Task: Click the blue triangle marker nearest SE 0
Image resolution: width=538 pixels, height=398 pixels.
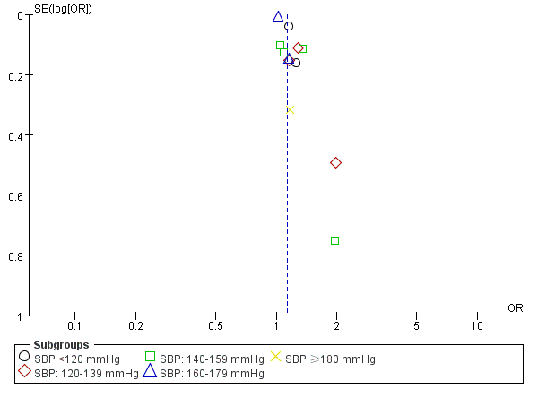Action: pos(278,16)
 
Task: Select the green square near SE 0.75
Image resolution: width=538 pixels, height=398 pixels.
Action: pos(334,240)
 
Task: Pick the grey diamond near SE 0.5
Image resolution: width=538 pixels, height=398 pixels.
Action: pos(335,162)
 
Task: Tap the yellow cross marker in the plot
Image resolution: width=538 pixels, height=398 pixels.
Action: pos(291,109)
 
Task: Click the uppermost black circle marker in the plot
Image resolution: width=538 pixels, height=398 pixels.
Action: pos(289,26)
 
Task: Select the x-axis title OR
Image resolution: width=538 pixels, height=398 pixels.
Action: pos(515,307)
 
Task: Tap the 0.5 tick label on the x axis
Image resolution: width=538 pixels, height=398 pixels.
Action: pos(215,325)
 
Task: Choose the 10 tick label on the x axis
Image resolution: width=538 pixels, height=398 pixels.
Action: pos(477,325)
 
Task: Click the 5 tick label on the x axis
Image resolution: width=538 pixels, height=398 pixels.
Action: pos(416,325)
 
